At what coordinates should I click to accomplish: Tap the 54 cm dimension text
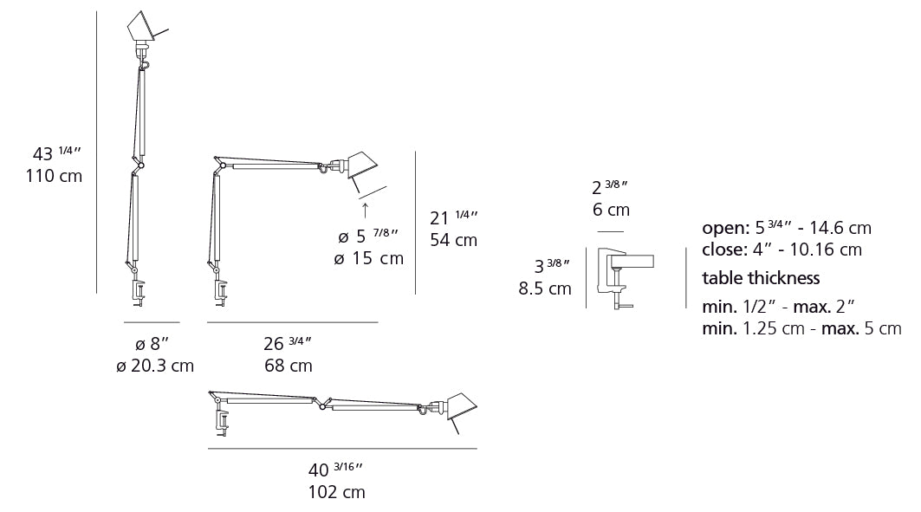pos(453,240)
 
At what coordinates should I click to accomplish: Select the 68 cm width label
pos(288,366)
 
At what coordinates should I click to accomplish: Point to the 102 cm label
pos(335,492)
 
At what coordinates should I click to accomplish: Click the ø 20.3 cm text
pos(154,366)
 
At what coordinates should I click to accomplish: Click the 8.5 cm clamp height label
pos(544,288)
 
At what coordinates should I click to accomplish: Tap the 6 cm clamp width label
pos(611,210)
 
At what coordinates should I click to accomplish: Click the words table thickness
pos(761,278)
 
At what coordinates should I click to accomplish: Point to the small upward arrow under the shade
pos(365,209)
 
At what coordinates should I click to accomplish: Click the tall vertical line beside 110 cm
pos(96,152)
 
